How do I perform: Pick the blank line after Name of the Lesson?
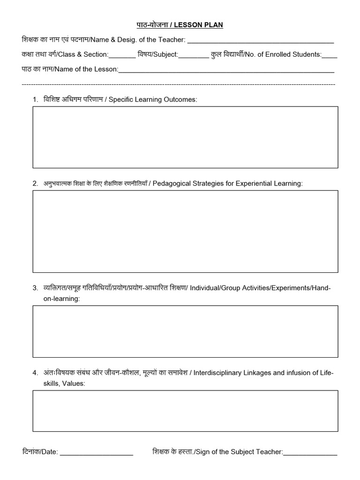(x=226, y=71)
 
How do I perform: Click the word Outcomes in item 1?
(x=180, y=100)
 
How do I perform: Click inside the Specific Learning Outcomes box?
(x=185, y=137)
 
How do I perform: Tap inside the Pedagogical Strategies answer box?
(x=185, y=231)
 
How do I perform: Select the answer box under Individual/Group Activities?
(x=185, y=331)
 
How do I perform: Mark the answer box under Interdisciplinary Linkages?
(x=185, y=411)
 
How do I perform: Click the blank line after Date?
(x=97, y=453)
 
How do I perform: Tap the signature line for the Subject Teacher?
(x=310, y=453)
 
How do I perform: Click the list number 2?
(x=35, y=183)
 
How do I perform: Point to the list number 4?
(x=35, y=373)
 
